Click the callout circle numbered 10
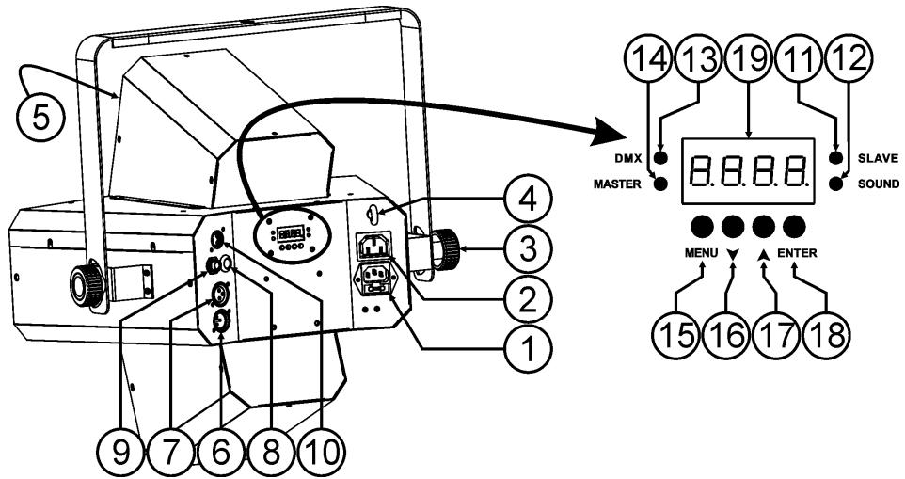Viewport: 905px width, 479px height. point(319,453)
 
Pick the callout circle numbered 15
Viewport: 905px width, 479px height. point(677,337)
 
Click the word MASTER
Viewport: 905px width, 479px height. point(617,184)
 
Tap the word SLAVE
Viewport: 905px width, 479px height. point(878,158)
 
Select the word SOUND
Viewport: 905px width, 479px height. point(879,184)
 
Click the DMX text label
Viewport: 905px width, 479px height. point(627,158)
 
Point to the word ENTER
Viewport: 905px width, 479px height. point(798,253)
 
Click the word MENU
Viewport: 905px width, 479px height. point(701,253)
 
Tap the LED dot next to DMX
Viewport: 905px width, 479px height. point(661,157)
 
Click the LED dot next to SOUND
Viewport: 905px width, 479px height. point(834,184)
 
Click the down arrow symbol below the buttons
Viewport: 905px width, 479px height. point(733,254)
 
